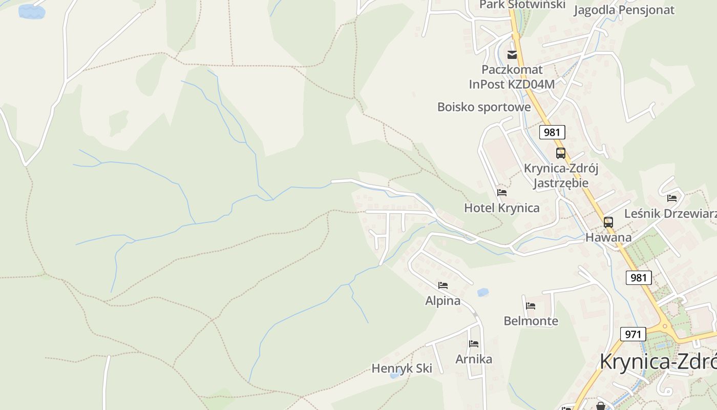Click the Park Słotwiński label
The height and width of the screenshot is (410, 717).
pyautogui.click(x=522, y=5)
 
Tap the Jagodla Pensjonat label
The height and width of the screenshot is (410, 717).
pyautogui.click(x=624, y=10)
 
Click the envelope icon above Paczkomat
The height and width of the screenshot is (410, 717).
pyautogui.click(x=512, y=55)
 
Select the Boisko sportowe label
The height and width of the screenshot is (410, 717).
pyautogui.click(x=484, y=107)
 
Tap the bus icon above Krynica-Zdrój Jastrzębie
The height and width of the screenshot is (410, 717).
pyautogui.click(x=561, y=153)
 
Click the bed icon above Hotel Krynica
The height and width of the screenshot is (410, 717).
pyautogui.click(x=502, y=193)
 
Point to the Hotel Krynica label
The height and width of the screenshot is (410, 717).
pyautogui.click(x=502, y=208)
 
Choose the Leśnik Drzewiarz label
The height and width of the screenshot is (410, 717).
pyautogui.click(x=670, y=214)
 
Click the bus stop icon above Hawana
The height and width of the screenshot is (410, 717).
pyautogui.click(x=608, y=222)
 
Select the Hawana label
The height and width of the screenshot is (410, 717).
pyautogui.click(x=608, y=238)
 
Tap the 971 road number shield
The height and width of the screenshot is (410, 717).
pyautogui.click(x=633, y=334)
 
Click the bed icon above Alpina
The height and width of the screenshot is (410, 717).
pyautogui.click(x=443, y=285)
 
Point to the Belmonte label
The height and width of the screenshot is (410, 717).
pyautogui.click(x=531, y=321)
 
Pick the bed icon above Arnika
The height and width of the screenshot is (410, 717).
pyautogui.click(x=474, y=344)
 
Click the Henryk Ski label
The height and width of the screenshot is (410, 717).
pyautogui.click(x=402, y=368)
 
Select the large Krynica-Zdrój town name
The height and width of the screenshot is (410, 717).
pyautogui.click(x=658, y=362)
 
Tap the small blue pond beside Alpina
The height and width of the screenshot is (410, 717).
pyautogui.click(x=482, y=293)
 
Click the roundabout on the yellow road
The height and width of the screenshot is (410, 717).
pyautogui.click(x=665, y=326)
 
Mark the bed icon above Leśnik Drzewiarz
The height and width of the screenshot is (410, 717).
pyautogui.click(x=672, y=198)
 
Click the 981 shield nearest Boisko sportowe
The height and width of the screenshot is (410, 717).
pyautogui.click(x=552, y=132)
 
